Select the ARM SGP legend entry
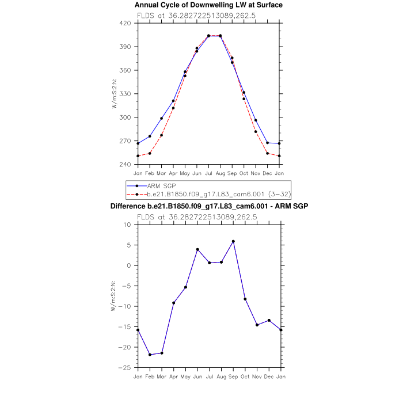(x=161, y=186)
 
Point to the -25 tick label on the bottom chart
(x=127, y=367)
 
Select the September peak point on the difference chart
(x=233, y=241)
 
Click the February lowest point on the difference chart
(x=150, y=355)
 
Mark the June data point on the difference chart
(x=197, y=249)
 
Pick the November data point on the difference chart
(x=257, y=325)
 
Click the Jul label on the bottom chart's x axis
(x=209, y=377)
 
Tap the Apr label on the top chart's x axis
(x=173, y=173)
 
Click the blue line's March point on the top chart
(x=161, y=119)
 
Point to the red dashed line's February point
(x=150, y=153)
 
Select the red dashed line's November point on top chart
(x=256, y=132)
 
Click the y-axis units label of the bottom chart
(x=114, y=296)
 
